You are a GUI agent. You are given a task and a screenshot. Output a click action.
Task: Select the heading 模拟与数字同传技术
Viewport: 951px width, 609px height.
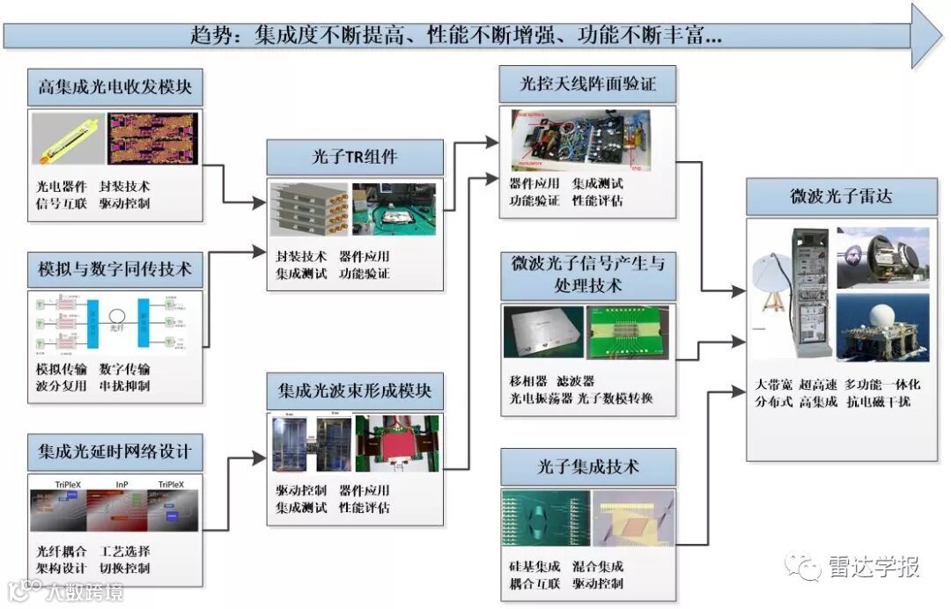click(x=115, y=268)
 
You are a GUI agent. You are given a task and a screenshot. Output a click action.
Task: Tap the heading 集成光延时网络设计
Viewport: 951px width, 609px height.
click(x=115, y=454)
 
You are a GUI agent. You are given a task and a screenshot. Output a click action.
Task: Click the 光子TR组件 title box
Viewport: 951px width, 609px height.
click(x=356, y=158)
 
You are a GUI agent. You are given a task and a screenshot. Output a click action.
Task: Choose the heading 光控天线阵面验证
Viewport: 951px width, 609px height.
click(x=588, y=85)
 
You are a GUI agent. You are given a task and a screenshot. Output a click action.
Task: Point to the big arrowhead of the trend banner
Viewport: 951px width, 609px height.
click(x=925, y=35)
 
